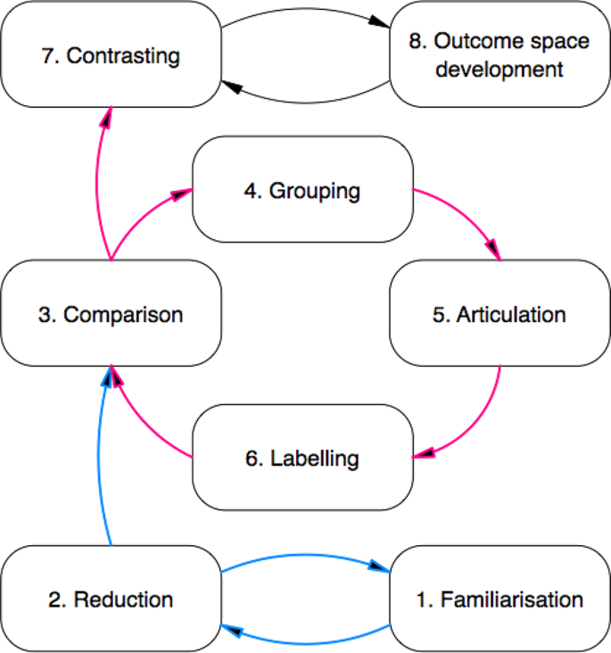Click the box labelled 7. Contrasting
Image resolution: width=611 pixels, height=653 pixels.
(x=111, y=55)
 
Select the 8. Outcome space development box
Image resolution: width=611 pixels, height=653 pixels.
(x=500, y=55)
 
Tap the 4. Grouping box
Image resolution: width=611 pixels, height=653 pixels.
(x=303, y=190)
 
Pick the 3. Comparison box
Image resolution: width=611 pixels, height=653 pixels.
(x=111, y=314)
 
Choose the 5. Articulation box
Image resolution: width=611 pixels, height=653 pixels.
(x=500, y=314)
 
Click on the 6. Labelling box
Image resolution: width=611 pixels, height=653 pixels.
(x=303, y=458)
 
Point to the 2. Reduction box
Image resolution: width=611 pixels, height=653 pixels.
(x=111, y=599)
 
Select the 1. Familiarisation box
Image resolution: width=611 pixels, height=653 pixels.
(x=500, y=599)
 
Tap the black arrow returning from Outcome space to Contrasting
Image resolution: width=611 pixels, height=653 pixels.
(x=306, y=100)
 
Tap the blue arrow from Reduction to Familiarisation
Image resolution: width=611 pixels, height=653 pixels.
(x=306, y=555)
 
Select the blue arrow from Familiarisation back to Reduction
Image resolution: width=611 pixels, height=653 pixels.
(x=306, y=641)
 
